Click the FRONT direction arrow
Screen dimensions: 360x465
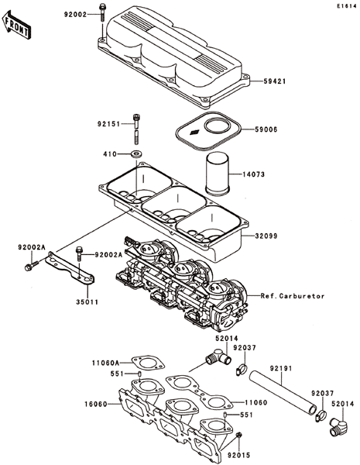[16, 25]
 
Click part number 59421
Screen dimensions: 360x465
[275, 81]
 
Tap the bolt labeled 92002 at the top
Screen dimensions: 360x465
[102, 12]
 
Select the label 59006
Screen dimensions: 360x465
[266, 129]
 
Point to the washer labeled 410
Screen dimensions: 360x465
[136, 154]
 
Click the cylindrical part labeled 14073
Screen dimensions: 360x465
[218, 174]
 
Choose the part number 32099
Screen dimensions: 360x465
[266, 236]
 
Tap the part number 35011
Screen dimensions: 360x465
[87, 302]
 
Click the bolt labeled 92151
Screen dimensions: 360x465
[136, 129]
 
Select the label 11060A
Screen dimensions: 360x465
[105, 363]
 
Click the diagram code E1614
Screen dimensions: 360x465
[346, 6]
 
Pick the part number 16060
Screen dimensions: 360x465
[95, 404]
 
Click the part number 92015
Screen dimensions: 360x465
[238, 455]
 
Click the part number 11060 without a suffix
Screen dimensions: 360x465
[256, 402]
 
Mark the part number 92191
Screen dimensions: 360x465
[281, 368]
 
